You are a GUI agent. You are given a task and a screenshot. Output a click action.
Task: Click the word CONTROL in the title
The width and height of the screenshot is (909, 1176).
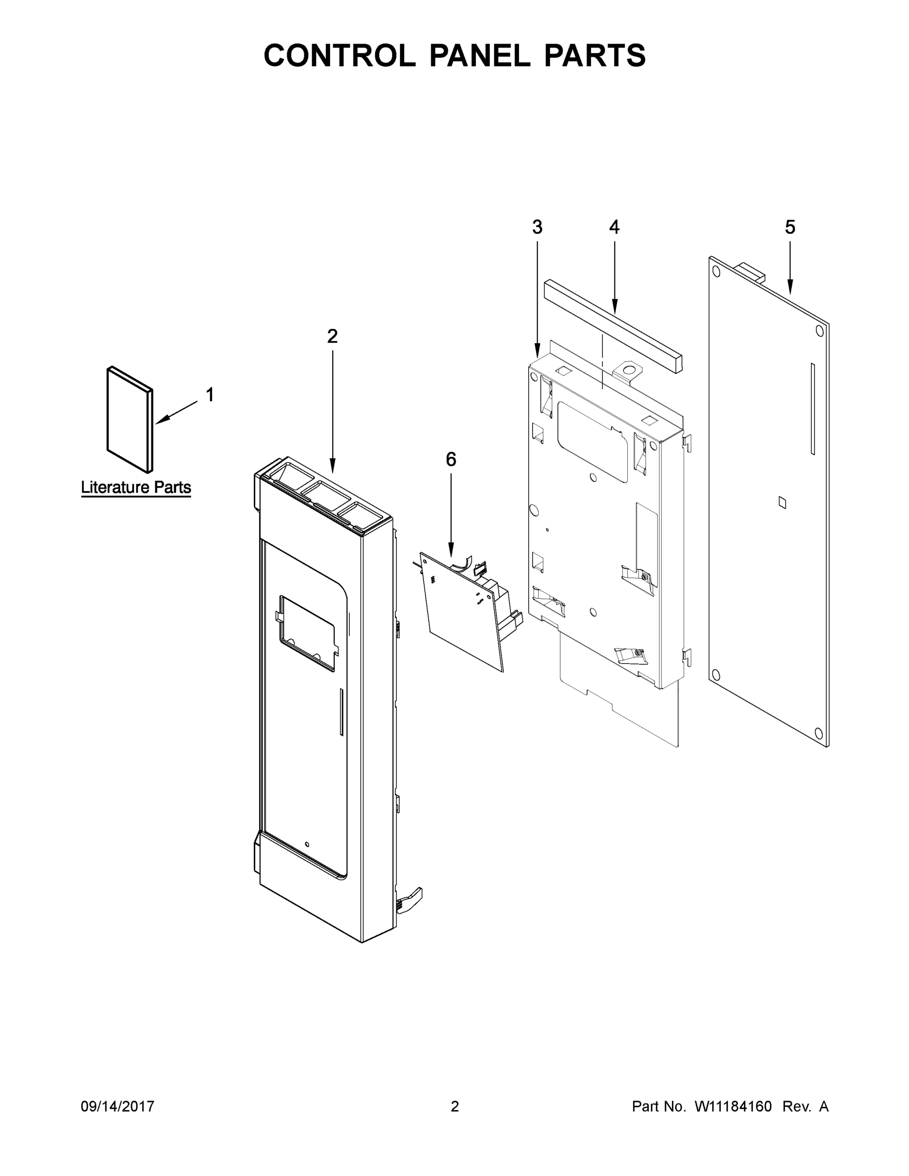[339, 55]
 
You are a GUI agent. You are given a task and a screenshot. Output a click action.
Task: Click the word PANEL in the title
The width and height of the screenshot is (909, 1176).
[479, 55]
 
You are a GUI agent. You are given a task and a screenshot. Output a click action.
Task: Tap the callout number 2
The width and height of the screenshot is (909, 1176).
[332, 337]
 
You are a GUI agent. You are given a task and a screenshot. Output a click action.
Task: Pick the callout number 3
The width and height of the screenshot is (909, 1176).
[537, 228]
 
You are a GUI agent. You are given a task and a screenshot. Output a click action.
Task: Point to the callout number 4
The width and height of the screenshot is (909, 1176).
[614, 228]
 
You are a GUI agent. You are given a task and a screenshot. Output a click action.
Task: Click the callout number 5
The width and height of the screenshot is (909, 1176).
[789, 228]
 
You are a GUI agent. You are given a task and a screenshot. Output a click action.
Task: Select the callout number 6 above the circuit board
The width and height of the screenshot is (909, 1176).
[451, 459]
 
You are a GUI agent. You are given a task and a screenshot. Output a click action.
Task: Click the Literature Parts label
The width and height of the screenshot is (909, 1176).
[136, 488]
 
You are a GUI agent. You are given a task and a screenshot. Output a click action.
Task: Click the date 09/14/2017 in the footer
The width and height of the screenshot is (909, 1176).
[118, 1106]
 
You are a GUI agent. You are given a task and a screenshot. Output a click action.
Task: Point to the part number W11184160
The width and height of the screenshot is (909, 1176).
[733, 1106]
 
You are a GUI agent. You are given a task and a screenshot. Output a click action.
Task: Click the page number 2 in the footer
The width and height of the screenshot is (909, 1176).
[455, 1106]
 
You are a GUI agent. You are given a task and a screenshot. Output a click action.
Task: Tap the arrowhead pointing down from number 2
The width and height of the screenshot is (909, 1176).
[332, 467]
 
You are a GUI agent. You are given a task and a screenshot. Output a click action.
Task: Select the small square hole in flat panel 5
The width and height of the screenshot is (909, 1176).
[782, 502]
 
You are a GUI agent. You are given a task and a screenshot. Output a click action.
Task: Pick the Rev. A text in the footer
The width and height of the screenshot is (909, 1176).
[805, 1106]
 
